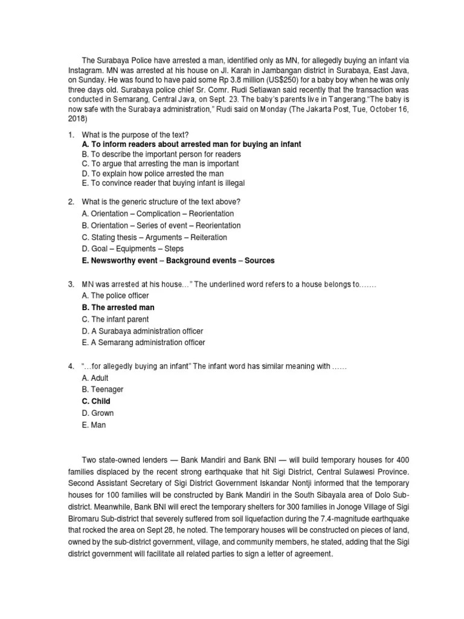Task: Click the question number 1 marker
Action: [x=71, y=134]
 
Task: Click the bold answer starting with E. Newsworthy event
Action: [x=177, y=261]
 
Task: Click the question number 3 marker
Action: [x=71, y=284]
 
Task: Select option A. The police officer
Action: [x=114, y=296]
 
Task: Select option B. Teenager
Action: [x=101, y=390]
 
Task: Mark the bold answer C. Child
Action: [x=95, y=401]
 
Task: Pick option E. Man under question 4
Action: [x=94, y=424]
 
